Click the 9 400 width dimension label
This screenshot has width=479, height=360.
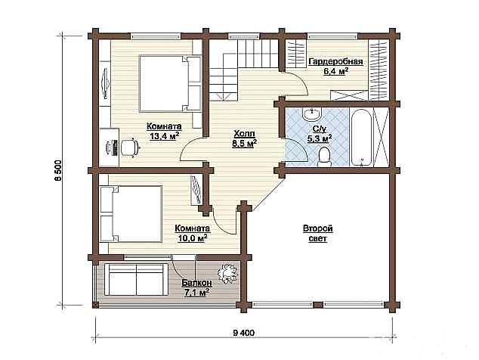[x=243, y=333]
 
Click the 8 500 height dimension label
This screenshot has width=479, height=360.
[x=58, y=170]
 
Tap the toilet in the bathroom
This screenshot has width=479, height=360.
[x=324, y=157]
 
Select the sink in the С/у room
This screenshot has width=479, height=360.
[x=312, y=114]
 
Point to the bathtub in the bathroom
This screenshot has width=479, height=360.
[x=361, y=138]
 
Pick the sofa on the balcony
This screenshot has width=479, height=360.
[x=136, y=280]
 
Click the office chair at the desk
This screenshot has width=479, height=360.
[x=129, y=147]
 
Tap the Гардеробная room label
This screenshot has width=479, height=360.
[x=335, y=62]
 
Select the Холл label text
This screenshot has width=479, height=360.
[x=244, y=134]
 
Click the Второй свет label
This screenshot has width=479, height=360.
[x=318, y=234]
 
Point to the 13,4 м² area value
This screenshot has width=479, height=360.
[x=164, y=136]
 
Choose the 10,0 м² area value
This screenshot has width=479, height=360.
[x=193, y=237]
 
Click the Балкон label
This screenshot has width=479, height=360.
[x=196, y=283]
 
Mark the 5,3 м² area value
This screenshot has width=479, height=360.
[x=320, y=139]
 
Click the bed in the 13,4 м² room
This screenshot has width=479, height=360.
[x=170, y=83]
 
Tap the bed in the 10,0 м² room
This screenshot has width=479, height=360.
[x=131, y=213]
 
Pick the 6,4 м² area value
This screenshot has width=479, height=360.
[x=335, y=72]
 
